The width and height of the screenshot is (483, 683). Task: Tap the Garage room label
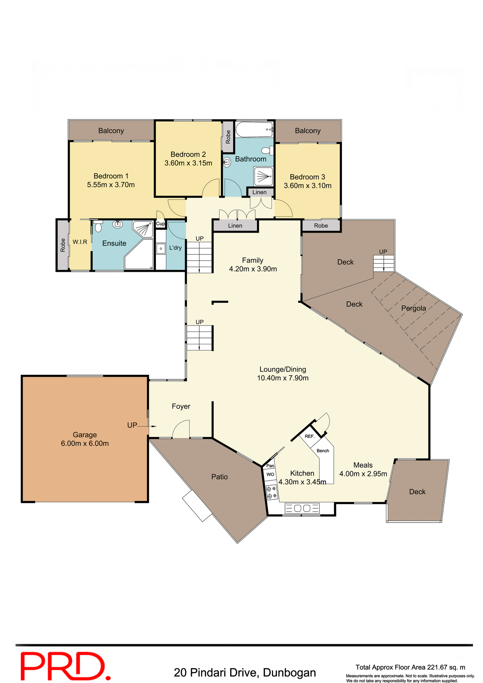85,435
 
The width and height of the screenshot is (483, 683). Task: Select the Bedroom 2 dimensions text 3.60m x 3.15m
188,163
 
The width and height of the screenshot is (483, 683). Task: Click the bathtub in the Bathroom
254,130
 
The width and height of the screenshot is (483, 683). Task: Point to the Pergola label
413,308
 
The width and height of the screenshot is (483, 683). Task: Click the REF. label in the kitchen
309,436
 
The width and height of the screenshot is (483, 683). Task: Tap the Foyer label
181,406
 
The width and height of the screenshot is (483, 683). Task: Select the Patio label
219,477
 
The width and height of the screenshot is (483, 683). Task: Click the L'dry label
175,248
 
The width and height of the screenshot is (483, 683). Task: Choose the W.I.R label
80,242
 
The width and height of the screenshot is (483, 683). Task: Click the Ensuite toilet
98,226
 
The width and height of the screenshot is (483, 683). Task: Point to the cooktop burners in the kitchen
271,492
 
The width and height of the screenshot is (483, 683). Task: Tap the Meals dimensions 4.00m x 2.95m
363,474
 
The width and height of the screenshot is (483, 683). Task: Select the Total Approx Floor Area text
410,667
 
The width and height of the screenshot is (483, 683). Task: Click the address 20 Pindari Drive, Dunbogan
245,673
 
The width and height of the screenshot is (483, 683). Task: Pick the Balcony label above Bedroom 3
308,131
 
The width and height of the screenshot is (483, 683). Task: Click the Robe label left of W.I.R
63,245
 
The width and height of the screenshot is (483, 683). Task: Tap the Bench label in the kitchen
323,451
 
